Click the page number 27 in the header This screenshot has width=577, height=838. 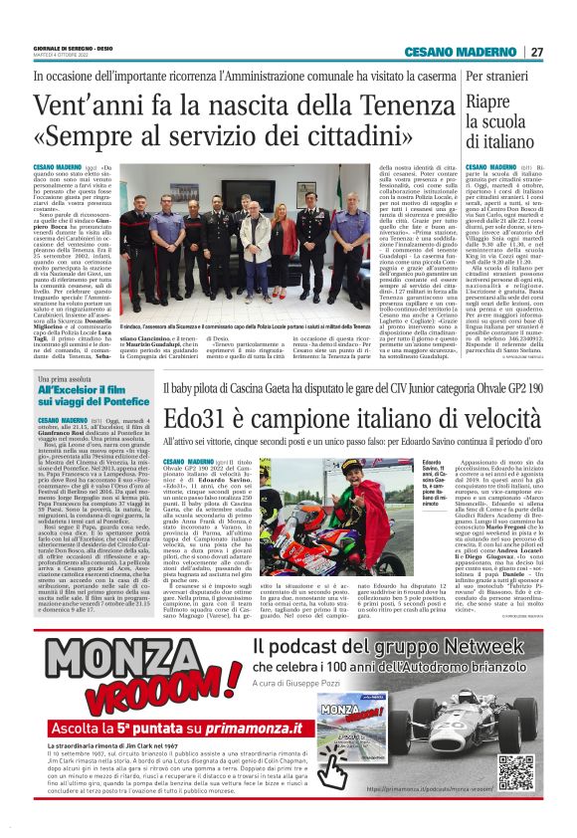[537, 52]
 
